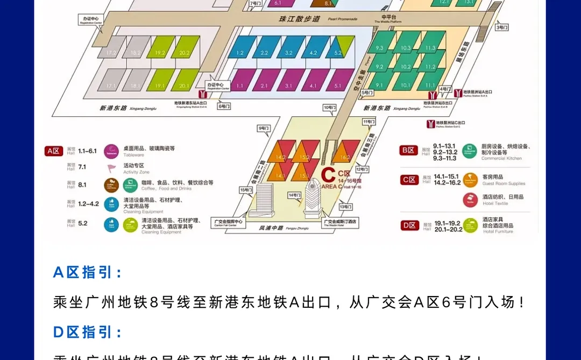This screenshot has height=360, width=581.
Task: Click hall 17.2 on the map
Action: tap(111, 53)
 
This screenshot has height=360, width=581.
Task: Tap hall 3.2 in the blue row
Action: tap(289, 53)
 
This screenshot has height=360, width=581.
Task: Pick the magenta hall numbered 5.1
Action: tap(338, 86)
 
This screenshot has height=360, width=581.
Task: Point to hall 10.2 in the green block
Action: tap(406, 67)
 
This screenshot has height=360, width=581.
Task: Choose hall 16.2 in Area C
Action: tap(345, 157)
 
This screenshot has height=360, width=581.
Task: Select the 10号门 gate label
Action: tap(329, 108)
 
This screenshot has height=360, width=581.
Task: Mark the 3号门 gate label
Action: tap(501, 27)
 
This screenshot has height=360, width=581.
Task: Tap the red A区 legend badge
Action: tap(53, 151)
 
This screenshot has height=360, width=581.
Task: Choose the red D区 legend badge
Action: tap(410, 225)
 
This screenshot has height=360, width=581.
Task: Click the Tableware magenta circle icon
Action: tap(111, 151)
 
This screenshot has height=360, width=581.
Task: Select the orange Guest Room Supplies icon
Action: tap(470, 180)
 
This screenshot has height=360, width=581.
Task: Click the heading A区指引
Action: tap(83, 272)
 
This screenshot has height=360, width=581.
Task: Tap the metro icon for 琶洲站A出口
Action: tap(458, 93)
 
